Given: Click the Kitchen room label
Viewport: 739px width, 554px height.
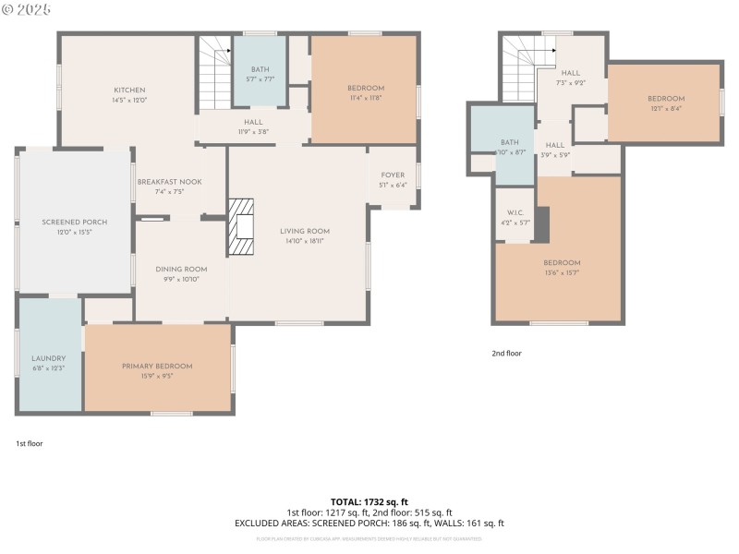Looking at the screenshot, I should coord(129,90).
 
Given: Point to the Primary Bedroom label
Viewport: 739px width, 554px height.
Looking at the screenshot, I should coord(157,366).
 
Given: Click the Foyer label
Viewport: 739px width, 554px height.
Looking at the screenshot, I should coord(393,175).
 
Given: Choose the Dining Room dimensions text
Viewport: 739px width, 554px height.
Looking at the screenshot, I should coord(181,279).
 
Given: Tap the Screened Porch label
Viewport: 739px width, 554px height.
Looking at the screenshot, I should coord(75,223).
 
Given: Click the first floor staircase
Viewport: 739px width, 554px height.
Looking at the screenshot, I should coord(214,73).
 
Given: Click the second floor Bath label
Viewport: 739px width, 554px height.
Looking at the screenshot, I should coord(511,142).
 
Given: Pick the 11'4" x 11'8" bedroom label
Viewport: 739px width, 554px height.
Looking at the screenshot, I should coord(366,89).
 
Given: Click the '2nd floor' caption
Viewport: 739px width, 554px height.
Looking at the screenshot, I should coord(506,353).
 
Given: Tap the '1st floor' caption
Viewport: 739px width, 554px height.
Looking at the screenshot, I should coord(29,443).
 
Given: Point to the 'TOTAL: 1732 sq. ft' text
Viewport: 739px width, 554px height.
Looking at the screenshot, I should coord(369,501).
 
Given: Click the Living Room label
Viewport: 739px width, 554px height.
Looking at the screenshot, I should coord(305,232).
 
